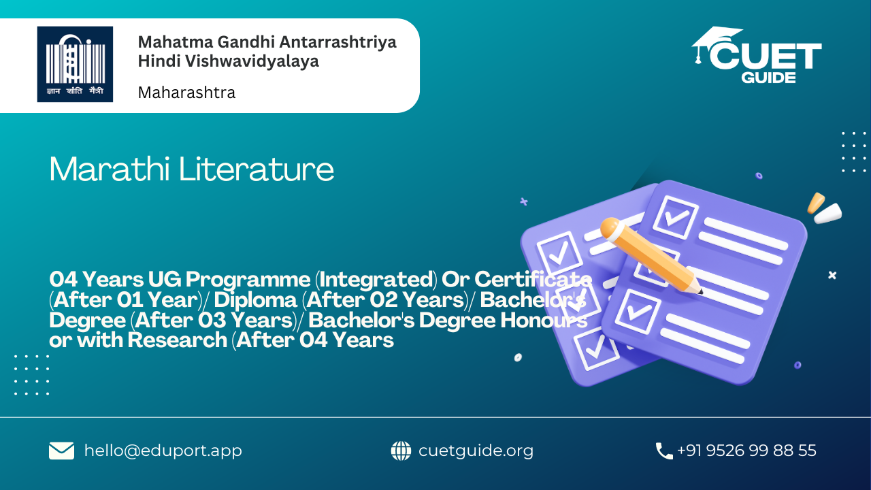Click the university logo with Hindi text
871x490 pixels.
click(x=75, y=64)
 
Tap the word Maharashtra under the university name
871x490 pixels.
click(x=186, y=93)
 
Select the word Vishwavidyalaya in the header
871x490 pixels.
click(x=252, y=61)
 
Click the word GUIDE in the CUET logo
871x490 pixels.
click(x=768, y=78)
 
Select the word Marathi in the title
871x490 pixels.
click(x=110, y=169)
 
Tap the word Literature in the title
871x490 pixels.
click(x=257, y=169)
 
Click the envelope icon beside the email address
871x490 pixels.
click(x=61, y=451)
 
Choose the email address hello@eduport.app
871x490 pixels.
click(x=163, y=451)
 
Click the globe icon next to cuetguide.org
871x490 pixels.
click(x=401, y=451)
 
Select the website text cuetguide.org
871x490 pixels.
click(x=476, y=451)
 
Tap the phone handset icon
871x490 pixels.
click(x=664, y=451)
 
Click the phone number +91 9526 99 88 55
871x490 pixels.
click(x=746, y=451)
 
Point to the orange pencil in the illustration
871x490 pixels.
click(x=650, y=255)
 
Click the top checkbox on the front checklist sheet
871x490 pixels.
click(x=676, y=217)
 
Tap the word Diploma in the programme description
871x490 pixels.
click(x=255, y=300)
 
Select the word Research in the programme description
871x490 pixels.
click(x=178, y=340)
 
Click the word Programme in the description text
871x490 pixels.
click(x=248, y=280)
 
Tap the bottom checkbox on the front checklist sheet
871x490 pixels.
click(x=638, y=312)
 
